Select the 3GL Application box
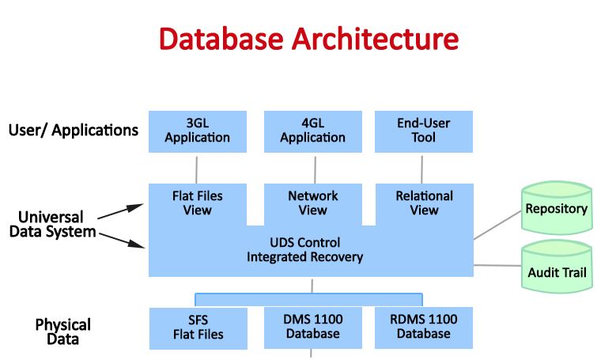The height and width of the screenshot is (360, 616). (x=197, y=131)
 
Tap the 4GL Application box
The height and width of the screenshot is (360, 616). (x=312, y=131)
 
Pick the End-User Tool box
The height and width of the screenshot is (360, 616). (x=423, y=131)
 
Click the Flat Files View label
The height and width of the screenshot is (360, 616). (x=197, y=203)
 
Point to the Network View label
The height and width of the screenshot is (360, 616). (x=312, y=203)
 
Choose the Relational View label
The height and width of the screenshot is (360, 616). (x=424, y=203)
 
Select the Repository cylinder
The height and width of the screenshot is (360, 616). (x=557, y=209)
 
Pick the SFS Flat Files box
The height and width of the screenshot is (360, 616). (x=198, y=328)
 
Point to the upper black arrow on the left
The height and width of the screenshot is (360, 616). (x=121, y=211)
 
